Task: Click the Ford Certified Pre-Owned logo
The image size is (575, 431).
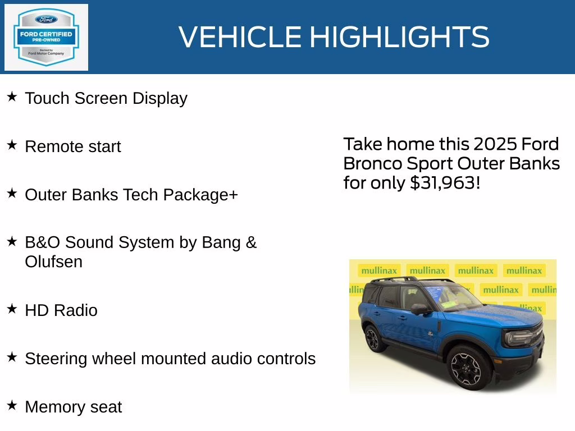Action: pyautogui.click(x=46, y=37)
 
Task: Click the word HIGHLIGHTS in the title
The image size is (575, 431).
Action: pyautogui.click(x=399, y=37)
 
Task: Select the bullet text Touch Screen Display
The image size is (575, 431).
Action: pyautogui.click(x=106, y=98)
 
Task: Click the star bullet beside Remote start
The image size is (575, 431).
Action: pyautogui.click(x=12, y=145)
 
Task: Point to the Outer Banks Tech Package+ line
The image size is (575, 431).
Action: pyautogui.click(x=131, y=195)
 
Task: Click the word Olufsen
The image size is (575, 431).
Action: pyautogui.click(x=54, y=262)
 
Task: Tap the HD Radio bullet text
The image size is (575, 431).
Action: pyautogui.click(x=61, y=310)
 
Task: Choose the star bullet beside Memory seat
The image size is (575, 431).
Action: pyautogui.click(x=12, y=405)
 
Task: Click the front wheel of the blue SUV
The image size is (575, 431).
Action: pyautogui.click(x=466, y=368)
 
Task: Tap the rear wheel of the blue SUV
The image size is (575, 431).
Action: pyautogui.click(x=372, y=338)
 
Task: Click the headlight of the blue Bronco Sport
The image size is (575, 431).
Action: pyautogui.click(x=519, y=338)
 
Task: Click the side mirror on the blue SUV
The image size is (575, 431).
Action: pyautogui.click(x=418, y=309)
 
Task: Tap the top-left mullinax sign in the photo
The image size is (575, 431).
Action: pyautogui.click(x=378, y=270)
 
